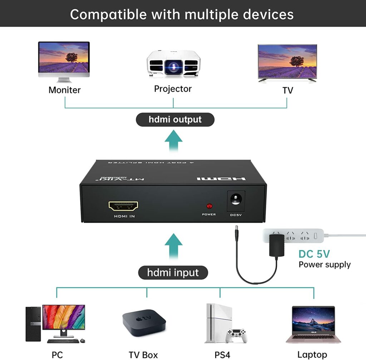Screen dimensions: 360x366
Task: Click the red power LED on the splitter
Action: click(209, 206)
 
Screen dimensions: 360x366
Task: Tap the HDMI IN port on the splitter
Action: click(124, 206)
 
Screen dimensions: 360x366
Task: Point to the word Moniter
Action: click(65, 90)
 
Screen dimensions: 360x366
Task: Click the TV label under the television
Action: click(288, 90)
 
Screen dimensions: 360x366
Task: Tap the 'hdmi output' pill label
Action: click(175, 120)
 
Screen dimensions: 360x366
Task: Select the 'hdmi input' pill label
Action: click(173, 273)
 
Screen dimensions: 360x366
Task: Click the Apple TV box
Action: click(144, 321)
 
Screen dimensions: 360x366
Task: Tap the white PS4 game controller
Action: click(236, 335)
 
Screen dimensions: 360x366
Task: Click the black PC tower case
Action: click(33, 324)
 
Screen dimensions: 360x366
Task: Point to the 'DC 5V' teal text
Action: click(314, 254)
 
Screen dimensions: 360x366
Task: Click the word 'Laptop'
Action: click(312, 355)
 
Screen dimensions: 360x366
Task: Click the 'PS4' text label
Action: click(222, 355)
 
